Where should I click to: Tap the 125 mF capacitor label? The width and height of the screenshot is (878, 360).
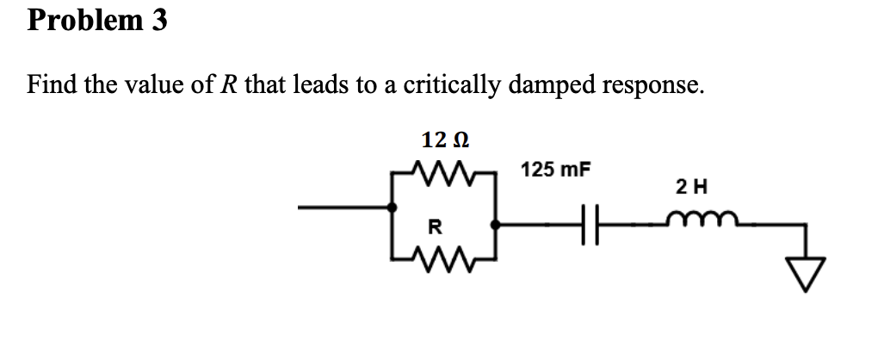[556, 168]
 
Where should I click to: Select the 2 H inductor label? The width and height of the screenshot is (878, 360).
[691, 185]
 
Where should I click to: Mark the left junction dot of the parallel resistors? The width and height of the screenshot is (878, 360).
[392, 208]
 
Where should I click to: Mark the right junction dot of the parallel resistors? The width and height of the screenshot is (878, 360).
[495, 226]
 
